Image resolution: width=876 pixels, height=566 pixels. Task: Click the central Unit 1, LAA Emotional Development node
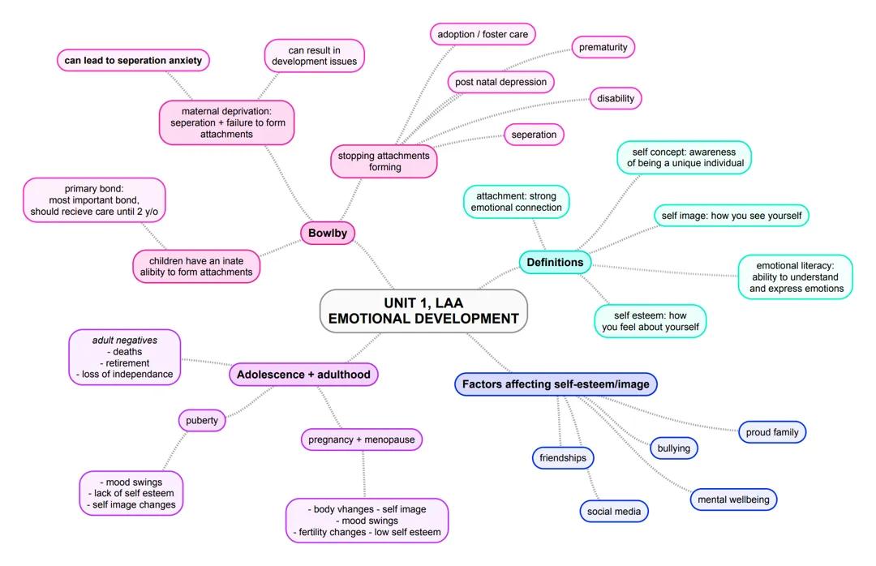coord(423,311)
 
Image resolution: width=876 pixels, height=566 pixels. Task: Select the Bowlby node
coord(328,234)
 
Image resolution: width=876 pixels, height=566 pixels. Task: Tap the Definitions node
coord(555,262)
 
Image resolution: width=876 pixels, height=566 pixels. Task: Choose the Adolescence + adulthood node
coord(303,374)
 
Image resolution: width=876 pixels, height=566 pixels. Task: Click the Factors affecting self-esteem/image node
coord(556,384)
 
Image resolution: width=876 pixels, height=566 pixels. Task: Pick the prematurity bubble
coord(603,47)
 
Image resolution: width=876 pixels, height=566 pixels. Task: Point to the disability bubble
coord(615,98)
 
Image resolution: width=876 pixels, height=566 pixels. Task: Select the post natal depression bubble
coord(501,82)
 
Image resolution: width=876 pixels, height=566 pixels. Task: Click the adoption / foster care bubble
coord(483,35)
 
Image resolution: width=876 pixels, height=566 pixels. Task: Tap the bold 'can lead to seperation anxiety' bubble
coord(134,60)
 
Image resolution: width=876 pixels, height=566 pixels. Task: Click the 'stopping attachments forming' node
coord(384,161)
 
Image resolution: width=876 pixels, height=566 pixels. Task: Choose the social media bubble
coord(614,511)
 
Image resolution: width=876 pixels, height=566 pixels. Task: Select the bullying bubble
coord(673,448)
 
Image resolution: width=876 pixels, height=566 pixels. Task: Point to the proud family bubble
coord(772,432)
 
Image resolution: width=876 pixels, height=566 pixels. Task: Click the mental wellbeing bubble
coord(733,500)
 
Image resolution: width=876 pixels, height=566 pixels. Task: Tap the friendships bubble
coord(563,458)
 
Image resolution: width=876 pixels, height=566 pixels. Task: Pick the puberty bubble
coord(202,421)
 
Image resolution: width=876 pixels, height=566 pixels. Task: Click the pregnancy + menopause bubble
coord(361,440)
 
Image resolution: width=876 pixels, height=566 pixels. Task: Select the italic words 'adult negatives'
coord(125,341)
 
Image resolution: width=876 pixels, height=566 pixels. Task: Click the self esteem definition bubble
coord(650,321)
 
